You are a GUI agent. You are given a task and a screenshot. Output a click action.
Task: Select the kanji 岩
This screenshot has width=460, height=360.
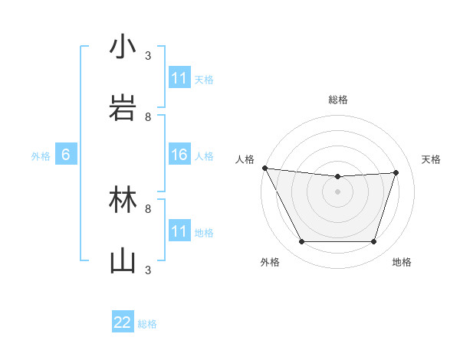click(123, 106)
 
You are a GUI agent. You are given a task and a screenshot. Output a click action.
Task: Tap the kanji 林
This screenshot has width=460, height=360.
click(123, 201)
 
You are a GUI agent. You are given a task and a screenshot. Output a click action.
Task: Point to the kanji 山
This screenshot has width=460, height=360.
click(123, 260)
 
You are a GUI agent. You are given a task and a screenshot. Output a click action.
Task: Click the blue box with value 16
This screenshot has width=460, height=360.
click(179, 155)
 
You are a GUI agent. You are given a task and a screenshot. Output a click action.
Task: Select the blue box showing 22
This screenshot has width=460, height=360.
click(123, 322)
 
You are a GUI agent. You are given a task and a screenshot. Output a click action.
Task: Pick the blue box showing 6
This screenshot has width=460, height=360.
click(66, 155)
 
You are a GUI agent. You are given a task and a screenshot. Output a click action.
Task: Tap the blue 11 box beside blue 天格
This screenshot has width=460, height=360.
click(179, 78)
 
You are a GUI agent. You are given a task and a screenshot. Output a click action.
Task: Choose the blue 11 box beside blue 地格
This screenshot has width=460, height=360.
click(179, 231)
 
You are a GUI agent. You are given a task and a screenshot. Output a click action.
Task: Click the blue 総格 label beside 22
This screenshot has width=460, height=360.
click(147, 324)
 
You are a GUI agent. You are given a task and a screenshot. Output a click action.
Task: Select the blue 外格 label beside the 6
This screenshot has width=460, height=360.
click(41, 155)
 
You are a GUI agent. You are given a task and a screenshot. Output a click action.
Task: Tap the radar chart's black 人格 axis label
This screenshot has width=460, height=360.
click(245, 159)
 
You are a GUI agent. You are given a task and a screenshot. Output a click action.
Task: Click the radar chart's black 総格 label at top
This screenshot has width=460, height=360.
click(337, 100)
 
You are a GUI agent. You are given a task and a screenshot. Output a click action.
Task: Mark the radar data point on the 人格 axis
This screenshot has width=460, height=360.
click(264, 168)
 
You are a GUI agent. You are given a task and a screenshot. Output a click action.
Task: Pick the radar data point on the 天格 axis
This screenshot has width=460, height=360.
click(396, 172)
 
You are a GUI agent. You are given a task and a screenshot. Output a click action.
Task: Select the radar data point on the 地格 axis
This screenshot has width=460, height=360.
click(373, 242)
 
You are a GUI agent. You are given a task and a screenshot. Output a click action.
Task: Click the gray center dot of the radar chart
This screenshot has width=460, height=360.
click(337, 191)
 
